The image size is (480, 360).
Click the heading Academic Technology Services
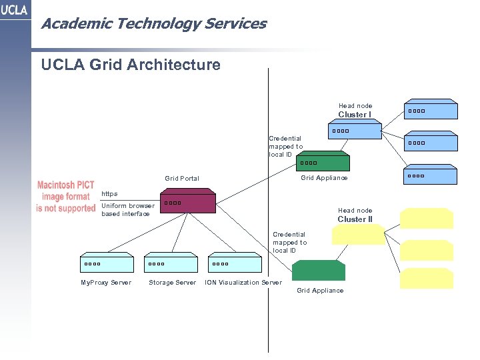pyautogui.click(x=153, y=24)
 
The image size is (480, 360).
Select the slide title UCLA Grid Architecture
pyautogui.click(x=131, y=65)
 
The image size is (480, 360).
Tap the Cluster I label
pyautogui.click(x=355, y=115)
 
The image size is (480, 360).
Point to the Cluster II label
pyautogui.click(x=355, y=219)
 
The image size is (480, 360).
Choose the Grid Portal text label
pyautogui.click(x=182, y=179)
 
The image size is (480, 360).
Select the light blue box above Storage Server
pyautogui.click(x=171, y=263)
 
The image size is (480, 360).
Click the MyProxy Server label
pyautogui.click(x=106, y=283)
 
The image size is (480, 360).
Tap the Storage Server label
pyautogui.click(x=172, y=283)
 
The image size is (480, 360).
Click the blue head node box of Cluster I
pyautogui.click(x=355, y=130)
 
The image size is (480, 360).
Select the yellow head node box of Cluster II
pyautogui.click(x=359, y=235)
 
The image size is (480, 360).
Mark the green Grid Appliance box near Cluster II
pyautogui.click(x=319, y=270)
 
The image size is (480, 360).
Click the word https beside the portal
pyautogui.click(x=109, y=194)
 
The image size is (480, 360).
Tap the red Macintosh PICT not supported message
pyautogui.click(x=66, y=197)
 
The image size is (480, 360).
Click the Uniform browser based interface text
pyautogui.click(x=127, y=210)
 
